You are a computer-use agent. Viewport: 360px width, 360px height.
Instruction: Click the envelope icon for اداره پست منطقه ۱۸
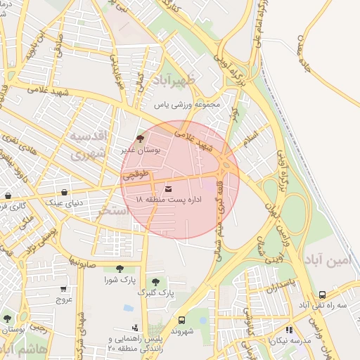[169, 188]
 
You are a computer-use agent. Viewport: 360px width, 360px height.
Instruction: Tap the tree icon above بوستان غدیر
[140, 139]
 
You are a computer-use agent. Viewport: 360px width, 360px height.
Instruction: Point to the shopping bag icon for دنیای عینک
[64, 191]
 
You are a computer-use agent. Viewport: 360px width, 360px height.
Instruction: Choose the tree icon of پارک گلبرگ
[155, 281]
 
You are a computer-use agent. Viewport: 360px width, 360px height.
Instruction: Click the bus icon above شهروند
[182, 319]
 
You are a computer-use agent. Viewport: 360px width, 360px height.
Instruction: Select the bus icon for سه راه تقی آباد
[322, 295]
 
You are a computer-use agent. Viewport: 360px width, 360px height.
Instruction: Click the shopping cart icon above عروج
[64, 288]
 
